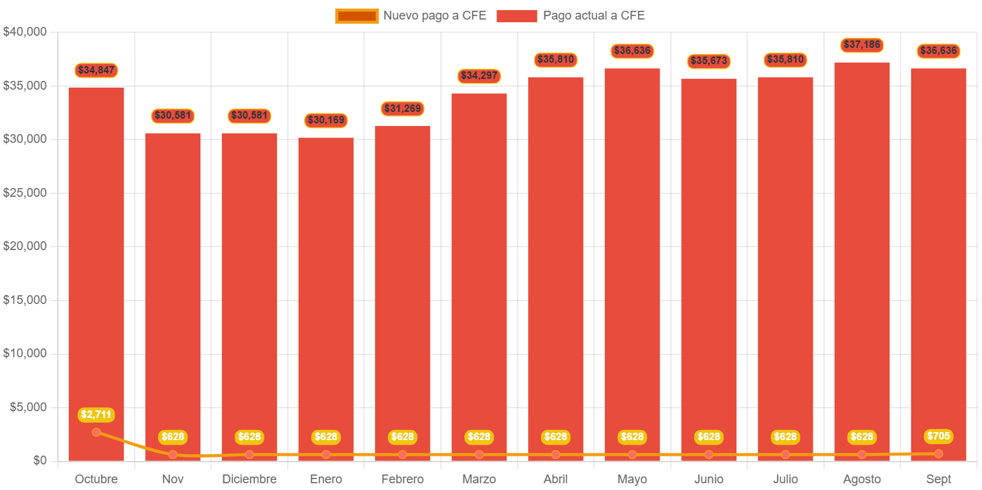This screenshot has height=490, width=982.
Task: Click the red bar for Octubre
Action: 96,270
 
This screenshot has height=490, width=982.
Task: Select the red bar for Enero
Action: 326,297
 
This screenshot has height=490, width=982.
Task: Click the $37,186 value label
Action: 862,45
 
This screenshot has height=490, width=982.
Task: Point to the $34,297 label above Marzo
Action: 479,75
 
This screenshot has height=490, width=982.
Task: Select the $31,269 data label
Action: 403,109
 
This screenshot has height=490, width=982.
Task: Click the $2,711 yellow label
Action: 96,415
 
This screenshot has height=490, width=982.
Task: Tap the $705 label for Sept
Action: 938,436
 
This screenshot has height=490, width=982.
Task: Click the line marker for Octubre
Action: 96,432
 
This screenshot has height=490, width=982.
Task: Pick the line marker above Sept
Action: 938,454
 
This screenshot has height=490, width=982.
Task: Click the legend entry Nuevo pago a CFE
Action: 411,16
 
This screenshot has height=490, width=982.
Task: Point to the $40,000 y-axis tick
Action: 24,32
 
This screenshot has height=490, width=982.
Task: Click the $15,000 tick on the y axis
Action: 24,300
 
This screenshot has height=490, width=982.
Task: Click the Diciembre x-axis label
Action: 250,479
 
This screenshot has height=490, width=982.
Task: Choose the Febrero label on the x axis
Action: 403,479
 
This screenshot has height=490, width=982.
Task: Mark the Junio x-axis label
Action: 709,479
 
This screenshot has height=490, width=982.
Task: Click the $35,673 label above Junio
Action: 709,61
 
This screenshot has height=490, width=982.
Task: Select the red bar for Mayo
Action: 632,263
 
